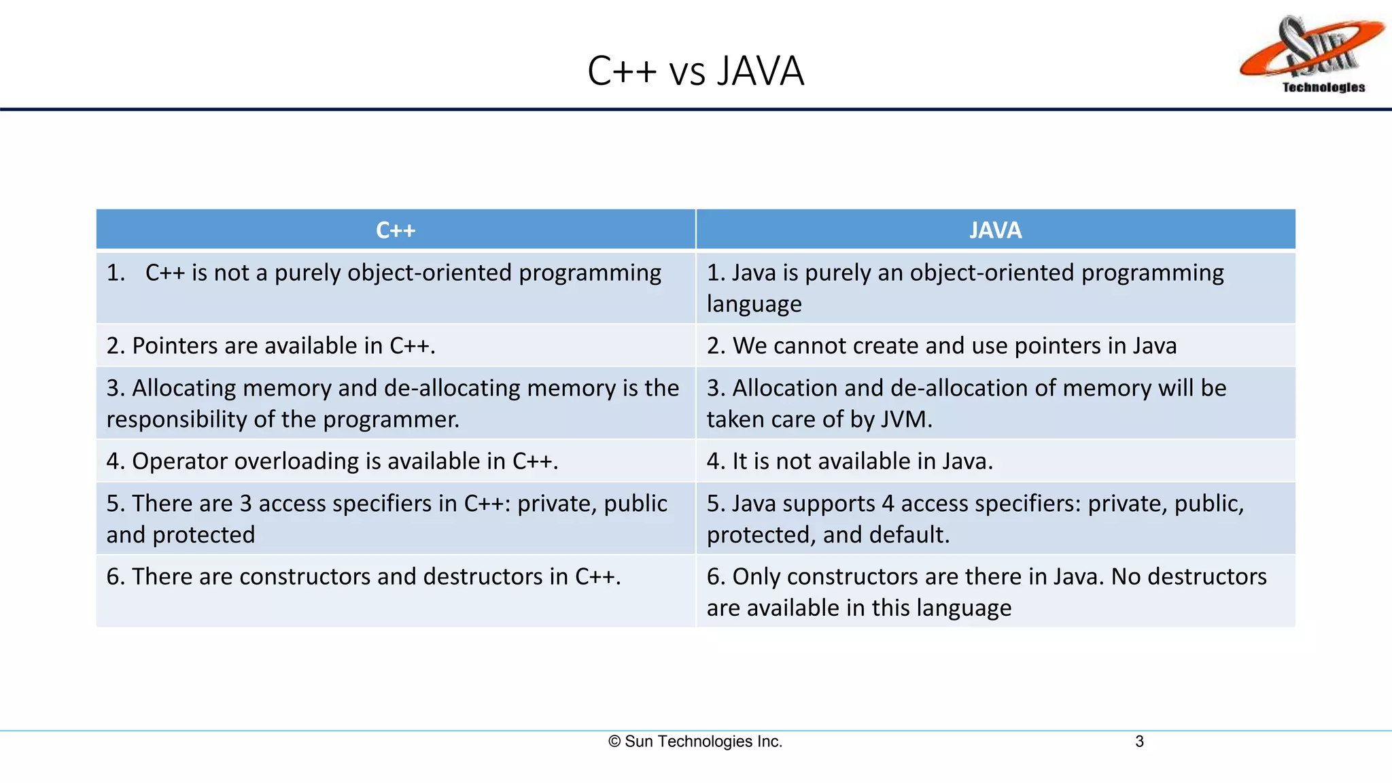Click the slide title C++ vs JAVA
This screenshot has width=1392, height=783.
click(x=695, y=71)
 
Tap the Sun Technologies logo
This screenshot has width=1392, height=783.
click(x=1312, y=51)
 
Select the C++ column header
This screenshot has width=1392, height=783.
click(x=396, y=230)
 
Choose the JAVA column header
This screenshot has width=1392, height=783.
click(x=995, y=230)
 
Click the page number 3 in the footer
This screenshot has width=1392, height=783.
click(x=1139, y=742)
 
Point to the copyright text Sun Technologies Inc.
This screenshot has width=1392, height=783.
click(x=695, y=742)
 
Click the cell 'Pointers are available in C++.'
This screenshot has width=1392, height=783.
click(x=271, y=346)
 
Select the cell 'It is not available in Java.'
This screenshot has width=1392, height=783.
click(x=850, y=462)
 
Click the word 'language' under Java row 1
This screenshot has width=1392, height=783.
click(x=754, y=304)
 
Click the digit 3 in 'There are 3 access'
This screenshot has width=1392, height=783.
click(x=245, y=504)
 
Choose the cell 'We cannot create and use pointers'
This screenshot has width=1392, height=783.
click(x=941, y=346)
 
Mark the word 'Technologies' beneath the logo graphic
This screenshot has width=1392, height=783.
click(x=1323, y=87)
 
